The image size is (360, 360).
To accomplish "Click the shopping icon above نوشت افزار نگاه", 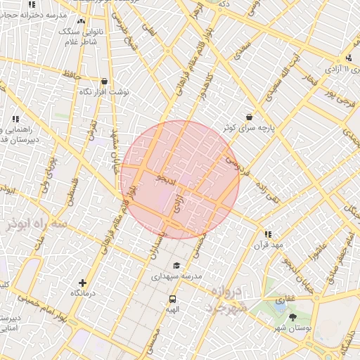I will pos(104,81).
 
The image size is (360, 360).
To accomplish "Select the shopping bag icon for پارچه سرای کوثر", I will pos(249,117).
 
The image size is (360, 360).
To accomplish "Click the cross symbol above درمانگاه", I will pos(83,281).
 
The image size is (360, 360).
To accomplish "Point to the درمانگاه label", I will pos(83,292).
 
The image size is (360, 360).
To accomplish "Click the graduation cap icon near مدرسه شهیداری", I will pos(176,266).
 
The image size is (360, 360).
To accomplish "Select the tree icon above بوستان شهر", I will pos(293,317).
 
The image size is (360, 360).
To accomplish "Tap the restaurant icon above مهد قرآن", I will pos(267,234).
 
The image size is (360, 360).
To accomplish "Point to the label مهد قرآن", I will pos(270,245).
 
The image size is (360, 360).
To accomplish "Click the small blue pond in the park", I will pos(280,307).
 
